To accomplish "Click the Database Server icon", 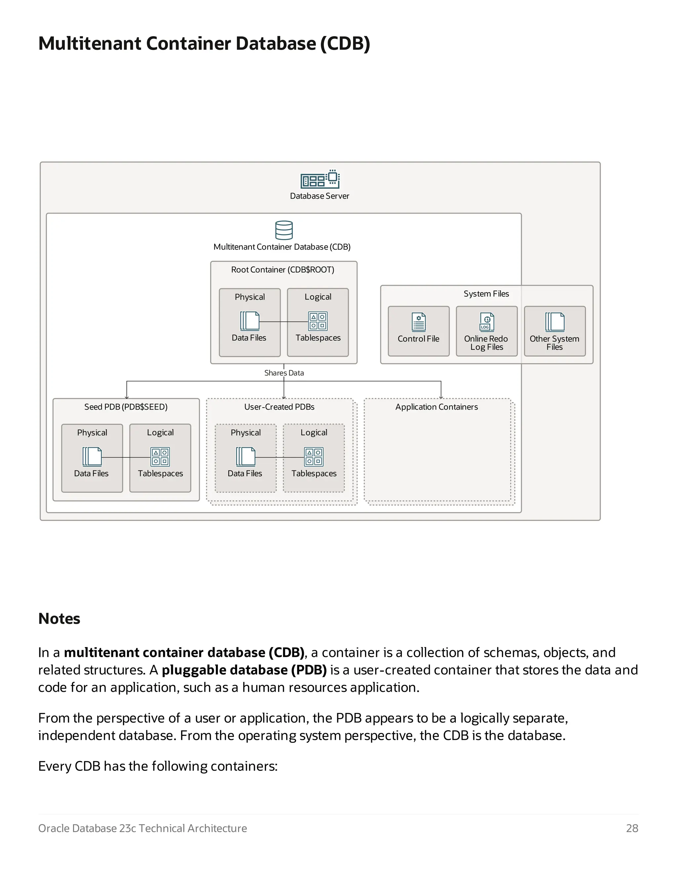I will [320, 179].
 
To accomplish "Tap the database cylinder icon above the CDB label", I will [284, 230].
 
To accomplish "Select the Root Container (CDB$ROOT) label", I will [282, 269].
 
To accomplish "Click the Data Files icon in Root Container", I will [250, 321].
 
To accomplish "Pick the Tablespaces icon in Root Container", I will [318, 321].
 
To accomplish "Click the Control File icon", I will [418, 322].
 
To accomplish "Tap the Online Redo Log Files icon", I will [487, 322].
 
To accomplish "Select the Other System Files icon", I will [555, 322].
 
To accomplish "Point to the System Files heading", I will [486, 294].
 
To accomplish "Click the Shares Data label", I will [284, 373].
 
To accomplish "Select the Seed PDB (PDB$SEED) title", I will [126, 407].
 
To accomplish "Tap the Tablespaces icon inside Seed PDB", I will [160, 457].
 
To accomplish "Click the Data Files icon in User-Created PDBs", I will [246, 457].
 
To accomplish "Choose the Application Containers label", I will [436, 407].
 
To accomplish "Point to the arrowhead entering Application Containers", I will [441, 397].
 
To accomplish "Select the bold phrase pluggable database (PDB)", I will [244, 670].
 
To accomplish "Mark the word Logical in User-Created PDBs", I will [314, 432].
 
